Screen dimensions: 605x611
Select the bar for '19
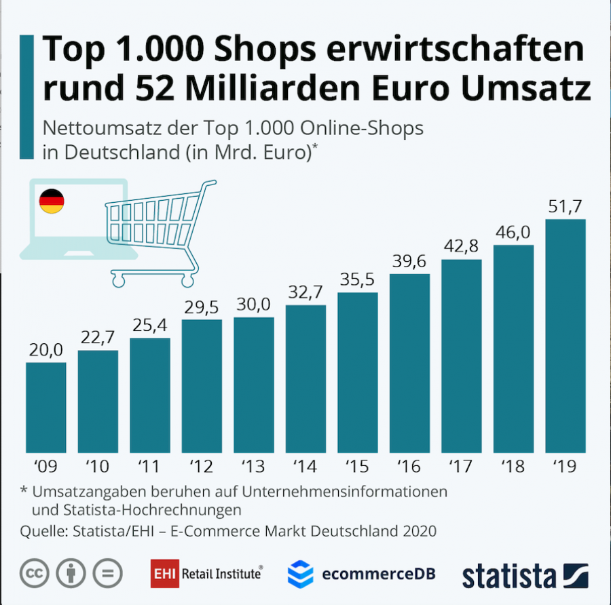click(x=565, y=336)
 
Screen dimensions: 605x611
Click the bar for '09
click(x=46, y=408)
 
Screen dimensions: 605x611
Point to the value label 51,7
click(x=566, y=206)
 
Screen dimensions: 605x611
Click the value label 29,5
click(x=202, y=306)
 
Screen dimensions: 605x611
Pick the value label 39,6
click(x=409, y=260)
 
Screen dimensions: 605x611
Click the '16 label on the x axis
click(x=409, y=467)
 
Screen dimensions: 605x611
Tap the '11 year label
click(x=149, y=467)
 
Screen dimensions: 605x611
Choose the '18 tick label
click(x=513, y=467)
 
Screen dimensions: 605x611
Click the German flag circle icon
click(x=52, y=201)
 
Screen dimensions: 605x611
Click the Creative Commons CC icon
click(x=33, y=574)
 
